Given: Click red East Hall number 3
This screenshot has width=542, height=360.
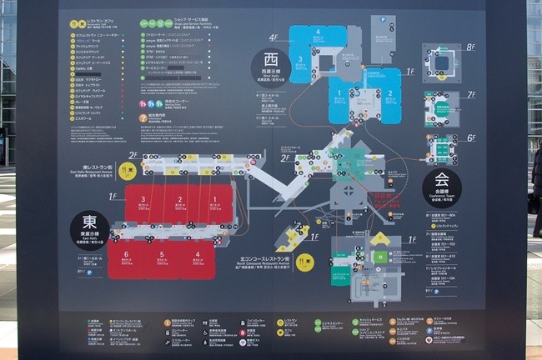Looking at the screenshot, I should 143,200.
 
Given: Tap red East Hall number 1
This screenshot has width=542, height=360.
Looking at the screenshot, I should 213,200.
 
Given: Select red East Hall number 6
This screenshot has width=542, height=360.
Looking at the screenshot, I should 125,253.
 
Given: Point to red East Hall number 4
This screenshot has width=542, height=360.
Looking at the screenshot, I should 197,253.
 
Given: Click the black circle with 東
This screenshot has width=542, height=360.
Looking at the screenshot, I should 90,227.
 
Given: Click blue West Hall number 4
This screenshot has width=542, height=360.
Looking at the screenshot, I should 317,32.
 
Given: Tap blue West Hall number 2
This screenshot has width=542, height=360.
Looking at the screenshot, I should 389,94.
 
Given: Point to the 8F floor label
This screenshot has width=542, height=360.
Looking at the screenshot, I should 471,47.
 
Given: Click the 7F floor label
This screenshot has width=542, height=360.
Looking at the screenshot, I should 471,94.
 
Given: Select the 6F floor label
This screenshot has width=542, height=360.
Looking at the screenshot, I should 471,137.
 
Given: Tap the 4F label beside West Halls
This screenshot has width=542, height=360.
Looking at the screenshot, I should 274,37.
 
